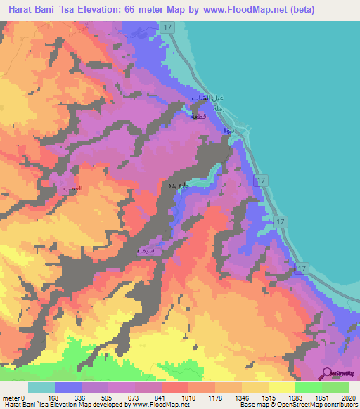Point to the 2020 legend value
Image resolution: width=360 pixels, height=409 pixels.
pyautogui.click(x=348, y=397)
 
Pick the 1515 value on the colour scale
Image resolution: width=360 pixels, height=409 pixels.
pyautogui.click(x=268, y=397)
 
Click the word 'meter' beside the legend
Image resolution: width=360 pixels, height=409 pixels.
pyautogui.click(x=11, y=397)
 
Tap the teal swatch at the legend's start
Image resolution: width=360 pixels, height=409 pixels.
pyautogui.click(x=41, y=387)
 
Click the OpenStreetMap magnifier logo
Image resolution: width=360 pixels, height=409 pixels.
pyautogui.click(x=328, y=372)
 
